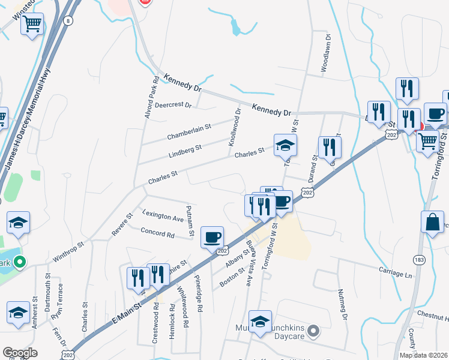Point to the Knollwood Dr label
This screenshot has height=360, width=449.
click(x=238, y=122)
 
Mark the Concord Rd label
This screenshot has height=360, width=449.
click(x=157, y=232)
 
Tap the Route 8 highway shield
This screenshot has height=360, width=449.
click(x=69, y=21)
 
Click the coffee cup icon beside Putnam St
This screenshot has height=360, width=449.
click(x=212, y=237)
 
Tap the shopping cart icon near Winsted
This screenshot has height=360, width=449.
click(x=32, y=25)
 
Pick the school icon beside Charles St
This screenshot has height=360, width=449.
click(x=285, y=145)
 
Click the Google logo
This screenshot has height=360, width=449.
click(x=19, y=353)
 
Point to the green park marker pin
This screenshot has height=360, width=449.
click(x=20, y=262)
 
